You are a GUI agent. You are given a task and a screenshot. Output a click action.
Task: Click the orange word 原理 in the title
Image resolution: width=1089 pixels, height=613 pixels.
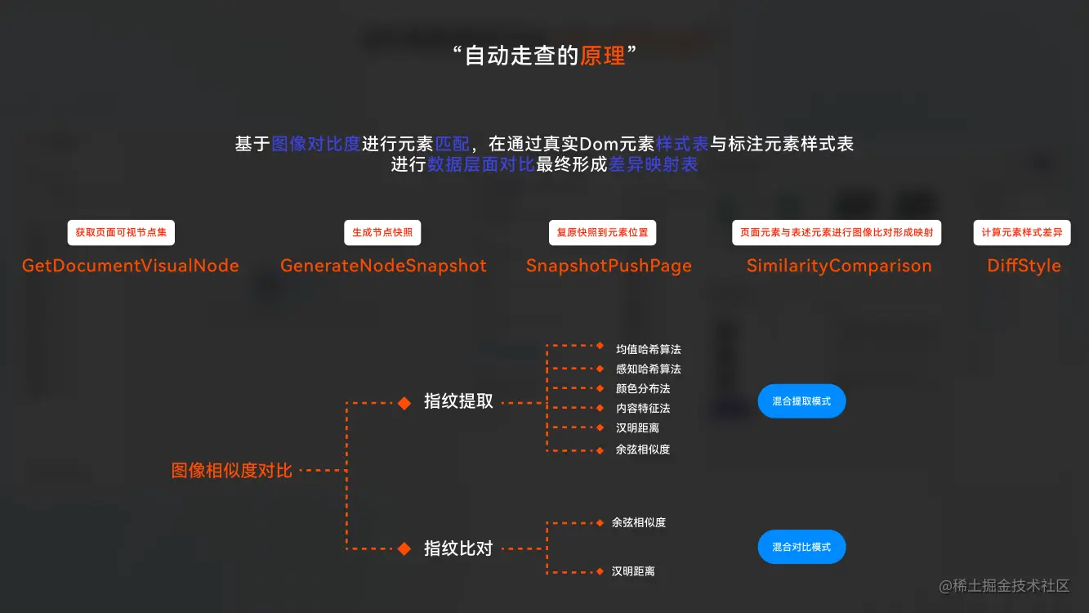click(x=603, y=56)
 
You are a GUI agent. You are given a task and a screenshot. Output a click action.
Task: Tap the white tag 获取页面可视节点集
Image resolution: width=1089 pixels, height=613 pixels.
click(x=121, y=233)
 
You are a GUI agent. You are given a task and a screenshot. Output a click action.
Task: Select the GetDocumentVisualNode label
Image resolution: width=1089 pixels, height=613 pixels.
click(x=131, y=266)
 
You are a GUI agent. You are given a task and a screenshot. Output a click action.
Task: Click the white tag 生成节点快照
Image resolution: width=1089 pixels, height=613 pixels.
click(x=382, y=233)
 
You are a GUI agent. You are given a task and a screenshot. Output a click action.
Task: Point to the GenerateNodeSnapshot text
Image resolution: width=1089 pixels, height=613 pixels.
click(x=383, y=266)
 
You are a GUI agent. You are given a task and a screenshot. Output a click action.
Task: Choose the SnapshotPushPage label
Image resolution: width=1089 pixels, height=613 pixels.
click(x=609, y=266)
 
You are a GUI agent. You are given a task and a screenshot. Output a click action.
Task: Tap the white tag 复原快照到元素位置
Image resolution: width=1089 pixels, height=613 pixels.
click(x=602, y=233)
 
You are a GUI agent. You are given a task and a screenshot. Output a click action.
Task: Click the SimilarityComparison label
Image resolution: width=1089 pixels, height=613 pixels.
click(x=839, y=266)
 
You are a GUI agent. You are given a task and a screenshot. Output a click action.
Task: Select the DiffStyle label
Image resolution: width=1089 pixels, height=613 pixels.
click(x=1024, y=266)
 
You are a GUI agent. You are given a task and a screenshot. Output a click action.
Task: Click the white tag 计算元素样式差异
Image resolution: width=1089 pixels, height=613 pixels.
click(x=1022, y=233)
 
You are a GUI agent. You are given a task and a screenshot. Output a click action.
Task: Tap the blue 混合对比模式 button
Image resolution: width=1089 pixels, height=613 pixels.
click(x=801, y=547)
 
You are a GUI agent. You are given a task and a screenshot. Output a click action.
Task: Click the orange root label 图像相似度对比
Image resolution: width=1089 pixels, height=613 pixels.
click(x=232, y=471)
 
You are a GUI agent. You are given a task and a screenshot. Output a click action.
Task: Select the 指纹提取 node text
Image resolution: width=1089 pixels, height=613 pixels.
click(x=458, y=401)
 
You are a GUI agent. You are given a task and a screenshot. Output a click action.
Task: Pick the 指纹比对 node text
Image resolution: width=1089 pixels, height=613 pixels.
click(x=458, y=548)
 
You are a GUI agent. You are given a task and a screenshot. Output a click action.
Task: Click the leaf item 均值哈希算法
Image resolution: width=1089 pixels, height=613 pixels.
click(x=649, y=350)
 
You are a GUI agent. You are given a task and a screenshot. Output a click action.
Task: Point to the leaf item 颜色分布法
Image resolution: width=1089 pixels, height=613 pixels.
click(x=643, y=389)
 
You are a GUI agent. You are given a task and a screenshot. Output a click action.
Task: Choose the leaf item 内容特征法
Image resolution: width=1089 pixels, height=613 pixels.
click(x=643, y=409)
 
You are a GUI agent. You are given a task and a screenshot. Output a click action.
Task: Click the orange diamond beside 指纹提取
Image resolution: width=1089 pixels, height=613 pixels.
click(x=404, y=402)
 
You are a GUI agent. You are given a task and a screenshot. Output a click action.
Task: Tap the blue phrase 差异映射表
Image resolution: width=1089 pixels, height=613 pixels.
click(x=654, y=165)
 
